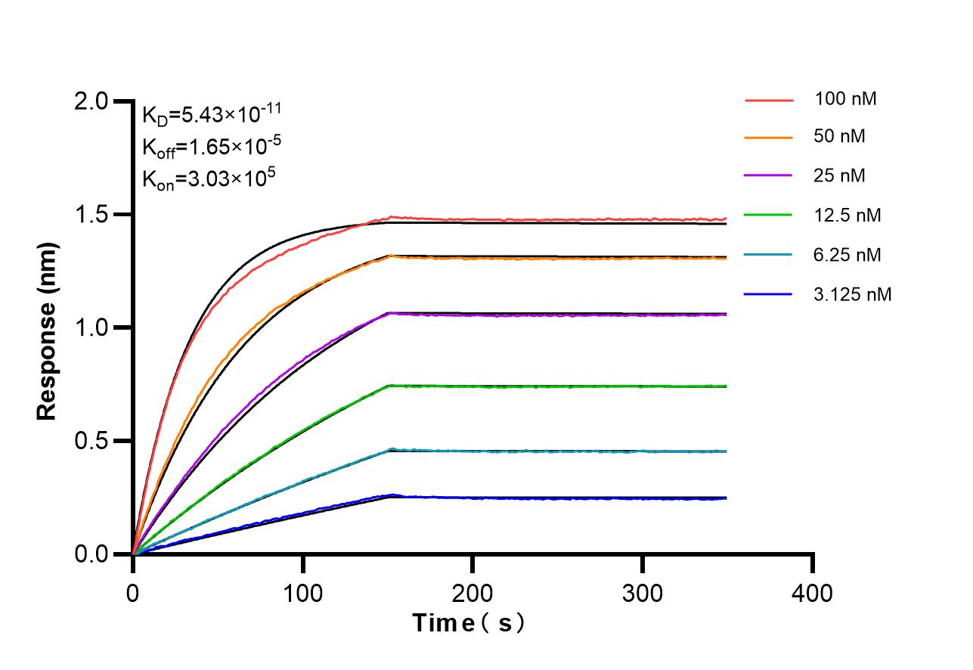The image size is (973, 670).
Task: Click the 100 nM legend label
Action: click(845, 98)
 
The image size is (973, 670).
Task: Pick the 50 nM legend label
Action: click(840, 137)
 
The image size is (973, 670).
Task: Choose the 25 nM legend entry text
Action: click(840, 176)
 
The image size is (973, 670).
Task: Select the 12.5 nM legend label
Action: click(848, 216)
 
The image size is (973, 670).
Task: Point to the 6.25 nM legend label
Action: click(848, 255)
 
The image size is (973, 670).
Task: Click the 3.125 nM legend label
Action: click(853, 294)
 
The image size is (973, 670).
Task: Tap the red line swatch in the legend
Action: click(768, 99)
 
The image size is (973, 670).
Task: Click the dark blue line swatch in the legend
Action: click(768, 294)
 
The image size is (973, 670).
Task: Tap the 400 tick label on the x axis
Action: click(812, 593)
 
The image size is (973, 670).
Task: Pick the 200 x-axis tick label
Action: click(473, 593)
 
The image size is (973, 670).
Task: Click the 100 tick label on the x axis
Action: click(302, 593)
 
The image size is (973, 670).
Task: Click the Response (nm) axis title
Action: click(47, 331)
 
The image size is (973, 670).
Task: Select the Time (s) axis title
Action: click(469, 624)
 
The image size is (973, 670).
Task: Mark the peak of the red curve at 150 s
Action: click(390, 218)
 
